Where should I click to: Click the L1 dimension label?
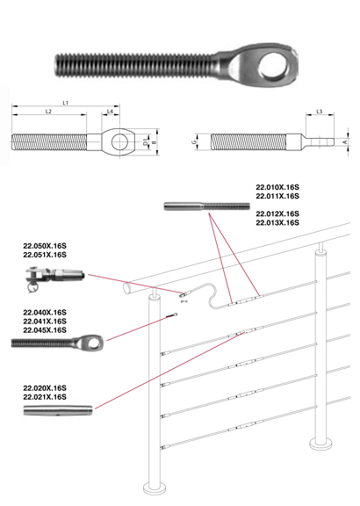tap(66, 103)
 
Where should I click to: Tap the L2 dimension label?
tap(48, 112)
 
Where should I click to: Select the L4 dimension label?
tap(110, 112)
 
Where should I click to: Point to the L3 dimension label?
tap(320, 112)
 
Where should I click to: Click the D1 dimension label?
tap(146, 142)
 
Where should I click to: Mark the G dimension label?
tap(194, 142)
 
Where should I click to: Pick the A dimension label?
tap(345, 142)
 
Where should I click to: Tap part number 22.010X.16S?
tap(277, 187)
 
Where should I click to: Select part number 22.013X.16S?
tap(277, 222)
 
